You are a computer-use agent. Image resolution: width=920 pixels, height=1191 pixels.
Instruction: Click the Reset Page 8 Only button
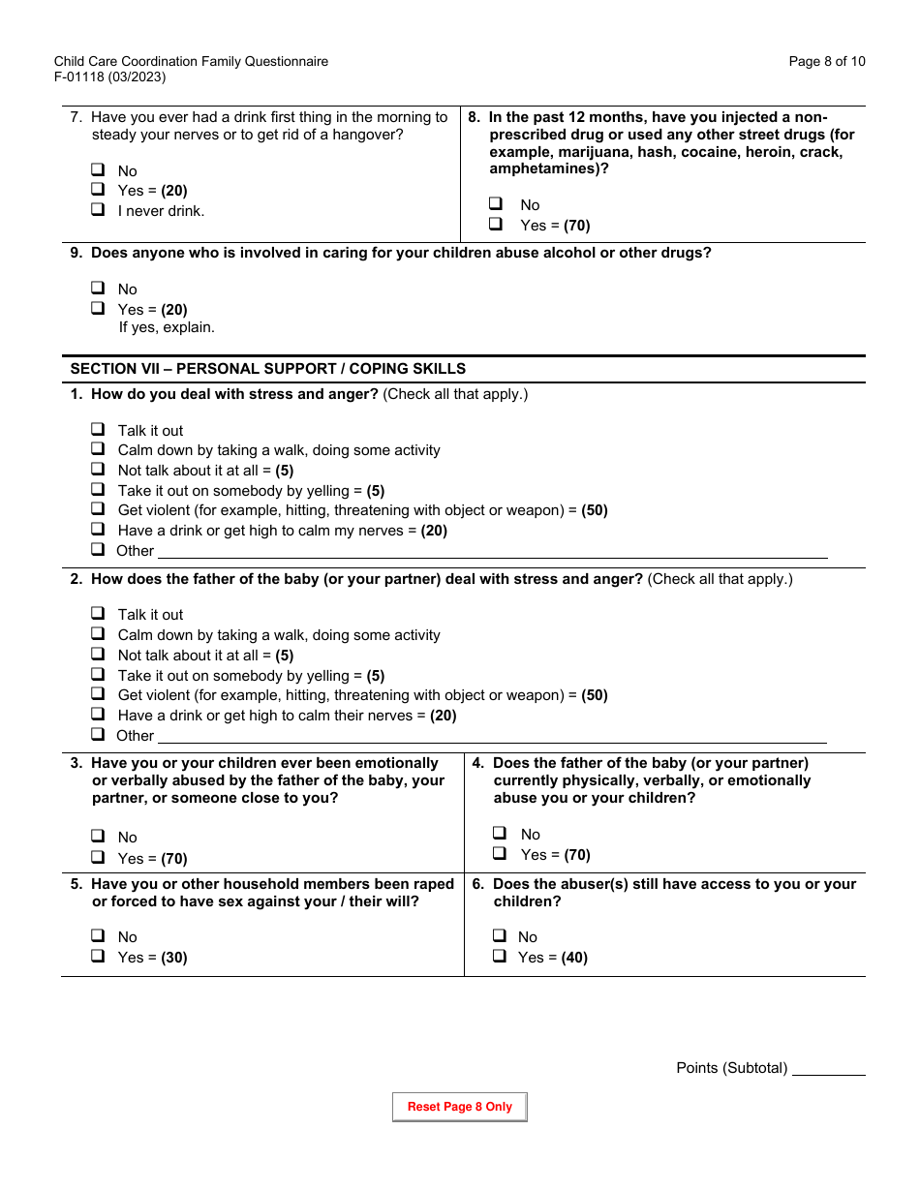pyautogui.click(x=459, y=1107)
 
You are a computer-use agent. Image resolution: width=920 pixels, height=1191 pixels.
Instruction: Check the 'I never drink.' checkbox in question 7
pyautogui.click(x=98, y=210)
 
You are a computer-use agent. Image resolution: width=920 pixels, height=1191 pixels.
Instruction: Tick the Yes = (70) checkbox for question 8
pyautogui.click(x=496, y=225)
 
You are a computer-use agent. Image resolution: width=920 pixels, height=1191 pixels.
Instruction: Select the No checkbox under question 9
pyautogui.click(x=98, y=289)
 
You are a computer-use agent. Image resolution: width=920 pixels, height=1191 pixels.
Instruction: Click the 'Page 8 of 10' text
pyautogui.click(x=826, y=61)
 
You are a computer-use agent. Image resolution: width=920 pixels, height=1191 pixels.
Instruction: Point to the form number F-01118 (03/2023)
pyautogui.click(x=109, y=77)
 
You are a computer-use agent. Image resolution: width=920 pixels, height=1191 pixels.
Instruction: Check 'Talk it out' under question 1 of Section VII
pyautogui.click(x=98, y=430)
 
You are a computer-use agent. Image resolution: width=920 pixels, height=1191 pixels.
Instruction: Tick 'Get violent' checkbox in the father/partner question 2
pyautogui.click(x=98, y=694)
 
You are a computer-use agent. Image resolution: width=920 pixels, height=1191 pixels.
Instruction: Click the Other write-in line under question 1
pyautogui.click(x=492, y=551)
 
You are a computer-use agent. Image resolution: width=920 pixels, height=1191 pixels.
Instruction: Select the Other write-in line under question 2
pyautogui.click(x=492, y=736)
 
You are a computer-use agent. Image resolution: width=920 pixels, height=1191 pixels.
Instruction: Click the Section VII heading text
pyautogui.click(x=267, y=369)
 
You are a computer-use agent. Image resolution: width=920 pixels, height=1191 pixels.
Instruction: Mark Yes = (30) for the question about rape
pyautogui.click(x=98, y=957)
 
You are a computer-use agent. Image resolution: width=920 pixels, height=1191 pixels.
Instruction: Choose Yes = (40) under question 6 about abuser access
pyautogui.click(x=499, y=957)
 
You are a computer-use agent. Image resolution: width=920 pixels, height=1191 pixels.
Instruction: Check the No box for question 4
pyautogui.click(x=500, y=834)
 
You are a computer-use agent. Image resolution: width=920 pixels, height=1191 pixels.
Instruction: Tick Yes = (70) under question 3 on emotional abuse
pyautogui.click(x=98, y=858)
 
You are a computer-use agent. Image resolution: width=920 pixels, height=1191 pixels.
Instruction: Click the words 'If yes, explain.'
pyautogui.click(x=167, y=327)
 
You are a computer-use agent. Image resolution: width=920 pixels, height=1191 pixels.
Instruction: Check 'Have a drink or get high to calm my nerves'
pyautogui.click(x=98, y=530)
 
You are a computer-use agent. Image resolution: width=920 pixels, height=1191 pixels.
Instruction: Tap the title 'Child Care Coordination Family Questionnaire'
pyautogui.click(x=191, y=61)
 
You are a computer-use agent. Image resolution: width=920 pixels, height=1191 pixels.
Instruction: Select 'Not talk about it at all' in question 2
pyautogui.click(x=98, y=655)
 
